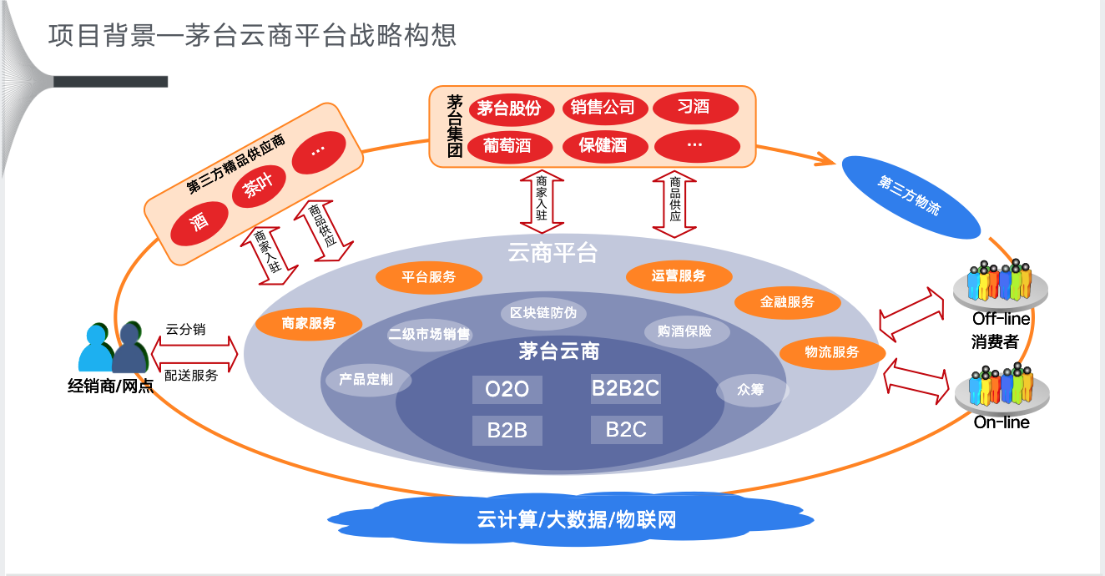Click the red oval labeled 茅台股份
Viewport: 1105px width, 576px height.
(x=509, y=109)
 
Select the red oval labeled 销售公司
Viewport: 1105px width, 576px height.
(x=603, y=108)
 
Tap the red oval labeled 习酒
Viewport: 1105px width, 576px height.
(x=695, y=108)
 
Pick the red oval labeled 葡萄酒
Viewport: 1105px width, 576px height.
(x=507, y=146)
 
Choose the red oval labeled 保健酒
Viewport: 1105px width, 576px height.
(x=603, y=146)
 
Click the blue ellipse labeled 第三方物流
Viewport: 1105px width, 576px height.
(x=910, y=196)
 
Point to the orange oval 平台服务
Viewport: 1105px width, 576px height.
(x=428, y=277)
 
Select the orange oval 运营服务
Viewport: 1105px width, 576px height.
(x=679, y=276)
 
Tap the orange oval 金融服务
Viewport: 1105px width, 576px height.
(x=787, y=302)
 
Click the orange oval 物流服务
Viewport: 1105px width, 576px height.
(x=832, y=352)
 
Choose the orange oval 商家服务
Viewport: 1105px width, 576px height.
(x=309, y=324)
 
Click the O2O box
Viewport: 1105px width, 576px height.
(x=507, y=390)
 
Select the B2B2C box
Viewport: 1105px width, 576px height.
(x=625, y=389)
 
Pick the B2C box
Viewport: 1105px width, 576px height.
(x=626, y=430)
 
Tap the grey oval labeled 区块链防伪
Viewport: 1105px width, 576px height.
(x=543, y=314)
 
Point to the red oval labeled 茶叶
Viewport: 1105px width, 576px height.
(x=257, y=188)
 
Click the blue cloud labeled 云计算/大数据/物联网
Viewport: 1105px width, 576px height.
(x=576, y=519)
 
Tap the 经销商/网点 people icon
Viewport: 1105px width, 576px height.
(x=112, y=349)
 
